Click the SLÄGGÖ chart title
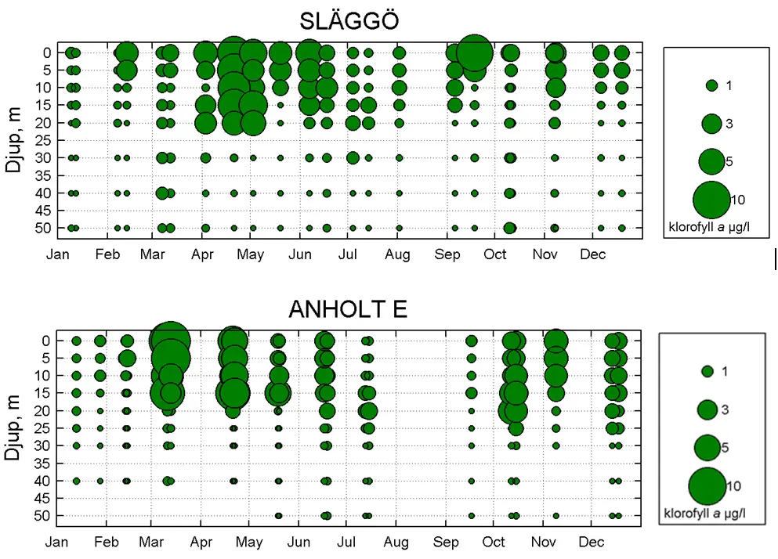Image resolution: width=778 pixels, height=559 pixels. pyautogui.click(x=349, y=21)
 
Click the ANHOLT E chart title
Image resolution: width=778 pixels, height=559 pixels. pyautogui.click(x=349, y=309)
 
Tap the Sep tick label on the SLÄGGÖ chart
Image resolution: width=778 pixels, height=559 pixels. pyautogui.click(x=447, y=254)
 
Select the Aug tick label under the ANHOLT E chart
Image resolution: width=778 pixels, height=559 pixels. pyautogui.click(x=396, y=543)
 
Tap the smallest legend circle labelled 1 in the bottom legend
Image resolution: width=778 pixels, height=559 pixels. pyautogui.click(x=707, y=371)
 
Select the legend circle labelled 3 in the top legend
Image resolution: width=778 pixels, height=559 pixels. pyautogui.click(x=711, y=123)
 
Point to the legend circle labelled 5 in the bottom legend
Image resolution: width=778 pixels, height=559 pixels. pyautogui.click(x=707, y=447)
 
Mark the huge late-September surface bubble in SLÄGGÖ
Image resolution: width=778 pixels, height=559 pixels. pyautogui.click(x=474, y=53)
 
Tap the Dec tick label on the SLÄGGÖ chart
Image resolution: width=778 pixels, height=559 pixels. pyautogui.click(x=592, y=254)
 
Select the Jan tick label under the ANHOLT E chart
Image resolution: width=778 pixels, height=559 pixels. pyautogui.click(x=56, y=543)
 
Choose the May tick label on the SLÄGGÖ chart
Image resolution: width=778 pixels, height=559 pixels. pyautogui.click(x=250, y=254)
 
